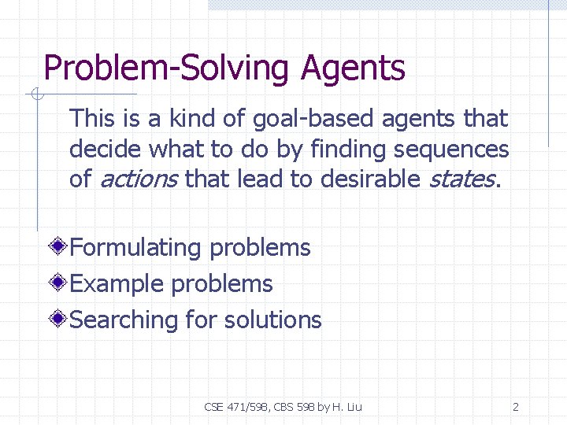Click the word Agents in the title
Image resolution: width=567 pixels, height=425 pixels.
353,68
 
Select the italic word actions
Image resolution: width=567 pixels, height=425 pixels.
138,179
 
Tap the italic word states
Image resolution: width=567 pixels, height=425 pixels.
461,179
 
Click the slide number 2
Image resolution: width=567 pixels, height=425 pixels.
515,407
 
